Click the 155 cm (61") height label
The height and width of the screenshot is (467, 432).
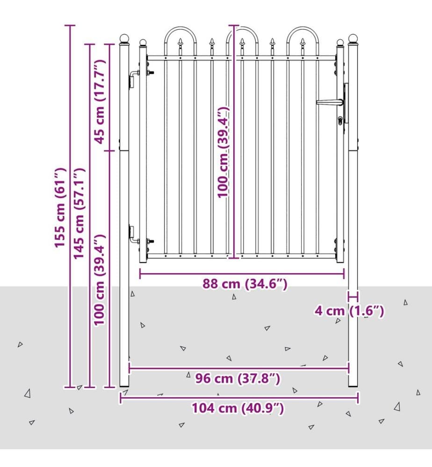[60, 208]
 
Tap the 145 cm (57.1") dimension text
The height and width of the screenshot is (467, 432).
[79, 213]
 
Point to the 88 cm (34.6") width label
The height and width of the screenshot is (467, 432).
[245, 284]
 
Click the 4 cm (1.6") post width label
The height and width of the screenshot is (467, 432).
[349, 311]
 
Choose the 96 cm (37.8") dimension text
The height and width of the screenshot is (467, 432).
[238, 379]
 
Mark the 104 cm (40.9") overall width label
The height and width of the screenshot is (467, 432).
[238, 408]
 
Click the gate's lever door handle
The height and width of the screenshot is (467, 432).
[330, 102]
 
